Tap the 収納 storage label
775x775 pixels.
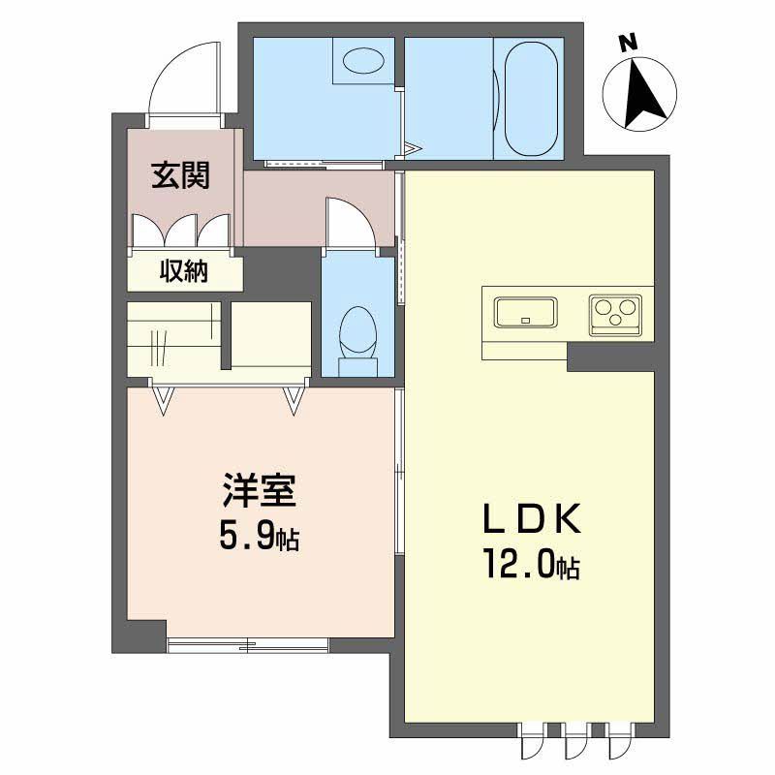point(184,272)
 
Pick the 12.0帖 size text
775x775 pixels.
point(533,565)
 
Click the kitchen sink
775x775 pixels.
point(526,313)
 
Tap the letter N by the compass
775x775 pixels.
point(629,42)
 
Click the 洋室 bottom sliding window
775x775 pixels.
point(248,643)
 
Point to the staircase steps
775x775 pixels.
point(174,334)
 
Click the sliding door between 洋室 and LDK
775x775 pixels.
point(399,469)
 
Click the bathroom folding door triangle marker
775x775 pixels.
point(413,149)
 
